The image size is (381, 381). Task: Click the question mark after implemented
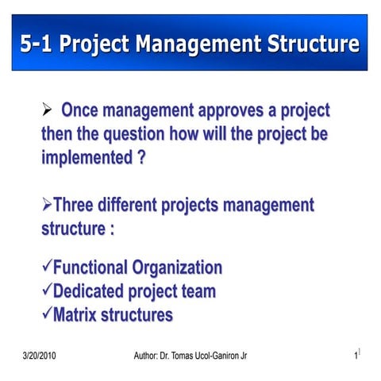tap(140, 156)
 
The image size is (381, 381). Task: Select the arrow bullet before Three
tap(46, 206)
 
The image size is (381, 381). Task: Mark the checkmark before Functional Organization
tap(46, 267)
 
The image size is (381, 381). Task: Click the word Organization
tap(177, 267)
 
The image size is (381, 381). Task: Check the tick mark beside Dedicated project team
tap(46, 291)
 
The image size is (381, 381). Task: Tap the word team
tap(197, 291)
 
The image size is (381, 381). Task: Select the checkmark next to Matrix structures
tap(46, 315)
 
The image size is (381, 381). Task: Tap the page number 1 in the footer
tap(356, 356)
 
